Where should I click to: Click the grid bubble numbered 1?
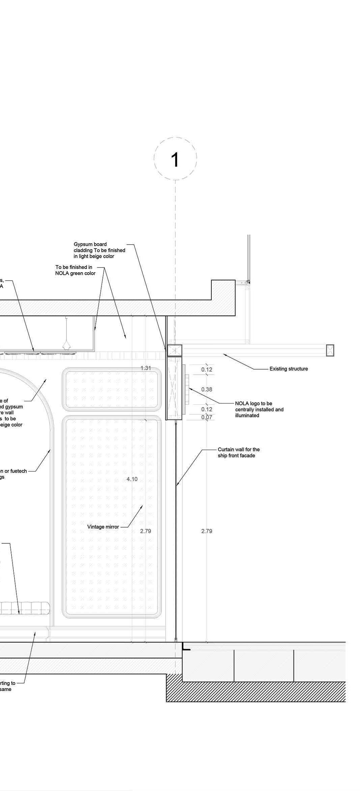coord(175,159)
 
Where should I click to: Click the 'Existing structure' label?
coord(289,369)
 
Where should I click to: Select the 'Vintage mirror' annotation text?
coord(103,527)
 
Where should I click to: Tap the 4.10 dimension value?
coord(132,479)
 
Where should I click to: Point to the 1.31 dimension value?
coord(146,368)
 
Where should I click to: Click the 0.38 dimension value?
coord(207,389)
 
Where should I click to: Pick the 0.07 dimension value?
coord(207,417)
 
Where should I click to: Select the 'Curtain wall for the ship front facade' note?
coord(239,452)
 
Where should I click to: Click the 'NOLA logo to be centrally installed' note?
coord(259,409)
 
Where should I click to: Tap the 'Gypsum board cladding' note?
coord(99,250)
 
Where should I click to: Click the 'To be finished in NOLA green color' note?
coord(75,270)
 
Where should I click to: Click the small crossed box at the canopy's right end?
coord(330,350)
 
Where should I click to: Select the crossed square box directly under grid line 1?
coord(175,350)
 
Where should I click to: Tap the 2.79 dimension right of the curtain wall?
coord(207,531)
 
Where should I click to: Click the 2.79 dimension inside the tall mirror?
coord(146,531)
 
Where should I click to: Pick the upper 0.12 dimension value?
coord(207,370)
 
